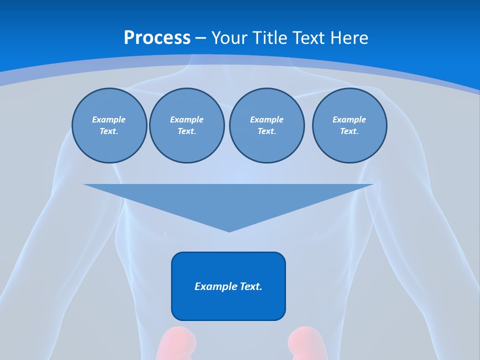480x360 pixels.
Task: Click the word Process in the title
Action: click(x=157, y=38)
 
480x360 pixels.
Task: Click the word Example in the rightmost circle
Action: click(x=349, y=119)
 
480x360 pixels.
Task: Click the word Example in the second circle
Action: click(x=186, y=119)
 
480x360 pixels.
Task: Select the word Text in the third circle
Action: click(x=266, y=131)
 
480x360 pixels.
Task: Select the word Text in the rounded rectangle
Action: click(x=251, y=286)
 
